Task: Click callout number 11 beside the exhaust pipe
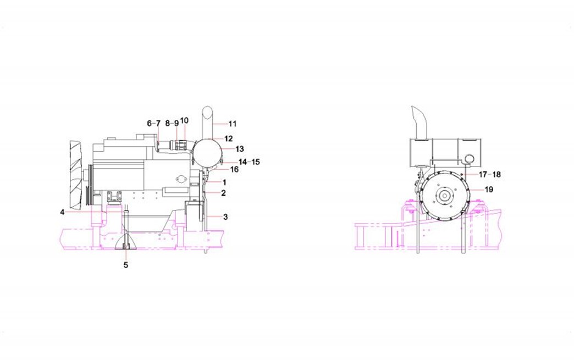point(233,124)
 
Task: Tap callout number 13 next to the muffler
point(239,149)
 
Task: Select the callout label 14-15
point(249,162)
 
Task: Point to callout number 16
point(234,169)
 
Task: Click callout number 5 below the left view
point(125,265)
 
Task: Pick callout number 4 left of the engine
point(62,212)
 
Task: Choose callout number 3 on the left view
point(225,217)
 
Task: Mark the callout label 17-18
point(489,175)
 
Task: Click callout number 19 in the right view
point(489,190)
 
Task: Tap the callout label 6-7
point(154,123)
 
